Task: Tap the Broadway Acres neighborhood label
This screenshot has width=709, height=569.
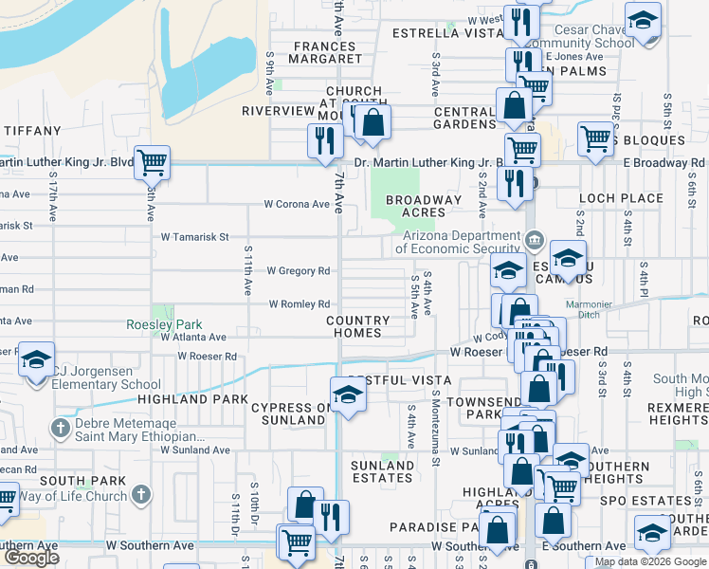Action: pyautogui.click(x=423, y=206)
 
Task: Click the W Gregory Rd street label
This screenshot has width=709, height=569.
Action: pyautogui.click(x=298, y=271)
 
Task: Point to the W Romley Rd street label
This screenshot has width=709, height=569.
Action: pyautogui.click(x=299, y=304)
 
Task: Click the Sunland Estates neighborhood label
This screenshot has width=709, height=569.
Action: pyautogui.click(x=382, y=471)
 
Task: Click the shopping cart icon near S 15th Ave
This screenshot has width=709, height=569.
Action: pyautogui.click(x=152, y=162)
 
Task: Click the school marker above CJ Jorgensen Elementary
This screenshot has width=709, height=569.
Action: pyautogui.click(x=36, y=360)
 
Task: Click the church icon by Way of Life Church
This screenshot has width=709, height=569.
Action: pyautogui.click(x=140, y=494)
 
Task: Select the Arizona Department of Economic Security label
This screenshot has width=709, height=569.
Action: pyautogui.click(x=460, y=242)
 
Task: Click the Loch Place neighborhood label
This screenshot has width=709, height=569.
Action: pyautogui.click(x=621, y=198)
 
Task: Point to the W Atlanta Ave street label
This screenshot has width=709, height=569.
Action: pyautogui.click(x=192, y=337)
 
